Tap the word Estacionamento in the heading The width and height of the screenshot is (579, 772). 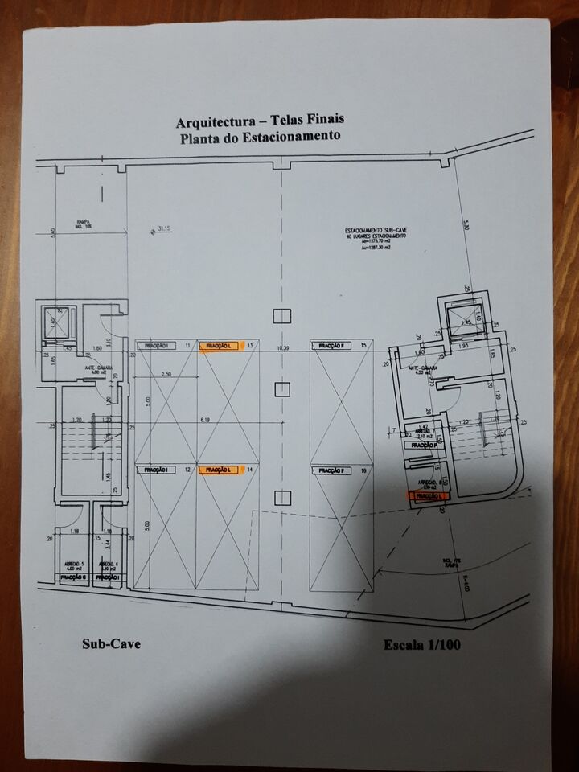[x=294, y=137]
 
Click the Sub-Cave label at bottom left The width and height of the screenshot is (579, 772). [x=112, y=643]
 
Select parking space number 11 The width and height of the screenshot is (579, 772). [x=187, y=346]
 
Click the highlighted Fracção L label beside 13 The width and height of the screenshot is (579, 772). [x=220, y=346]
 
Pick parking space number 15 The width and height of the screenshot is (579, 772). [x=363, y=346]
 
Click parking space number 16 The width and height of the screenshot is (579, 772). [x=363, y=470]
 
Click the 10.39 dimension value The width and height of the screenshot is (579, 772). [x=281, y=347]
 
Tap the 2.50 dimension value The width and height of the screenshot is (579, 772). [x=167, y=375]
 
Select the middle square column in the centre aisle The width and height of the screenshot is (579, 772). [x=281, y=390]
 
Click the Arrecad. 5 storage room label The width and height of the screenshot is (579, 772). [x=75, y=566]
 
